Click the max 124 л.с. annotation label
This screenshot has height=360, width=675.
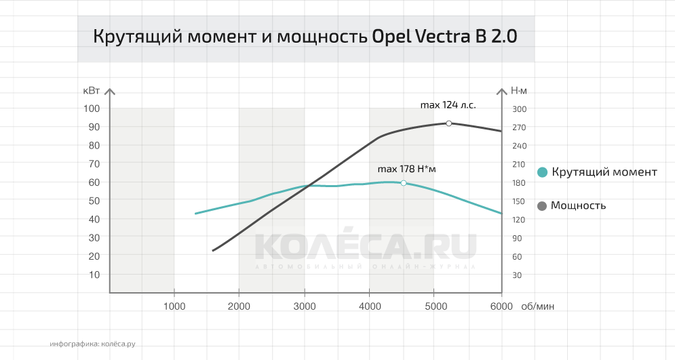[448, 105]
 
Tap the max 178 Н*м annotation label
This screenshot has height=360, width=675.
[406, 169]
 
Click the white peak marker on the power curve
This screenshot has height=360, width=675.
[448, 123]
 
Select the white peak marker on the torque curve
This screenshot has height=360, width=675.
[404, 183]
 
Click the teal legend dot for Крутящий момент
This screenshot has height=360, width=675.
[542, 172]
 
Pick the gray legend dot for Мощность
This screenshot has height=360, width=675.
[542, 205]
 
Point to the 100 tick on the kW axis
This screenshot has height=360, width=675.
[92, 108]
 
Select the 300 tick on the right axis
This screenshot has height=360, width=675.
[519, 108]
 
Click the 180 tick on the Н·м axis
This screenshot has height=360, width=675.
[519, 182]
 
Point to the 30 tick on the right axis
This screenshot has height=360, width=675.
[517, 275]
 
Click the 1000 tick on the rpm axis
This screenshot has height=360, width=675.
[174, 306]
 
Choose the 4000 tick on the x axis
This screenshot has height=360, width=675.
[369, 306]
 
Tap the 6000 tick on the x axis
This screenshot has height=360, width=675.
[501, 306]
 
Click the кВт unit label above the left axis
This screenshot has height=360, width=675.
[92, 90]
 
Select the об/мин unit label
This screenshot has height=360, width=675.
[538, 306]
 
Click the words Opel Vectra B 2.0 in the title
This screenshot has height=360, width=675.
[444, 37]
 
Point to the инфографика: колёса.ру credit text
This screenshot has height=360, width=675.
[92, 344]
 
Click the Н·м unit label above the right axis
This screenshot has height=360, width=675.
[519, 90]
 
